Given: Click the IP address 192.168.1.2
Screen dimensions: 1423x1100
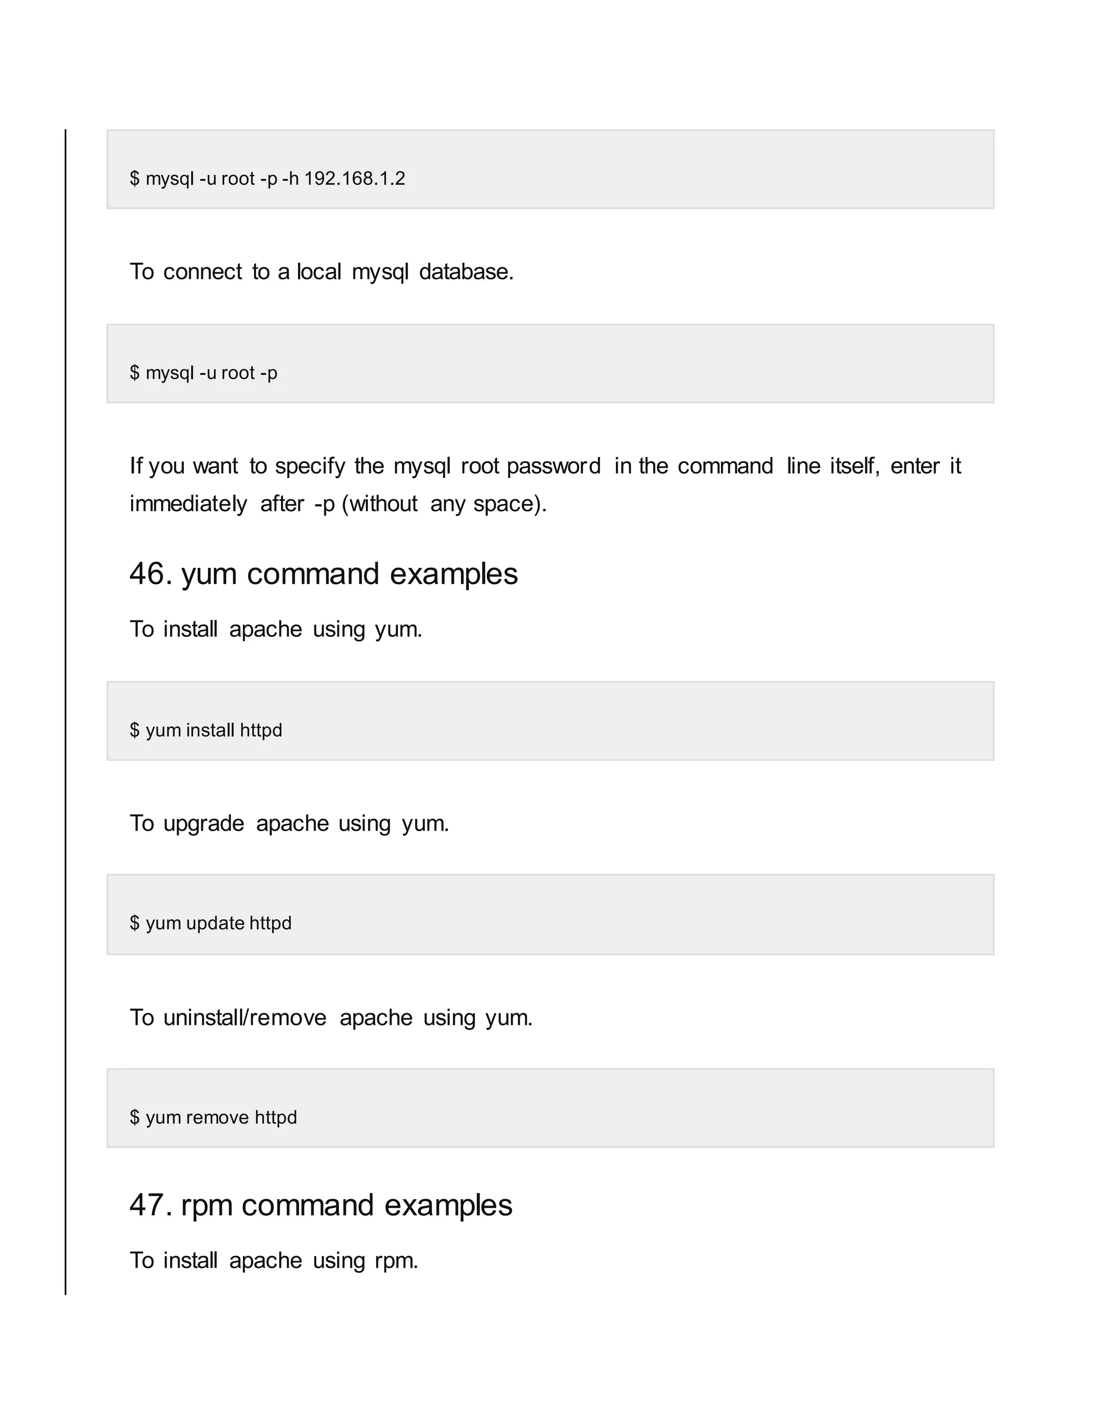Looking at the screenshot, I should tap(354, 178).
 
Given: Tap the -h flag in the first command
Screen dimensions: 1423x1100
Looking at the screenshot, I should tap(290, 178).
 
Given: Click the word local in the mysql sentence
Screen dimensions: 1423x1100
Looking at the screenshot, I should tap(319, 272).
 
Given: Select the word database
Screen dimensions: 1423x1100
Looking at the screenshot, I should tap(466, 272).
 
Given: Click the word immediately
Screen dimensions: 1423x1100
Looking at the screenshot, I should tap(187, 504).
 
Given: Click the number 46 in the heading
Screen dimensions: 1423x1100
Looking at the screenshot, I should tap(149, 574).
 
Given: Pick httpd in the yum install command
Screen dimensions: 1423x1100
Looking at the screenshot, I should tap(260, 730).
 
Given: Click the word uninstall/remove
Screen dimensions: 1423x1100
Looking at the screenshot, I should tap(244, 1018).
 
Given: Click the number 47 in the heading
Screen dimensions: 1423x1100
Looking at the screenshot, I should tap(149, 1206).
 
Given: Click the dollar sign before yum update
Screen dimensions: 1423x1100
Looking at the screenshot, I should tap(134, 923).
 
